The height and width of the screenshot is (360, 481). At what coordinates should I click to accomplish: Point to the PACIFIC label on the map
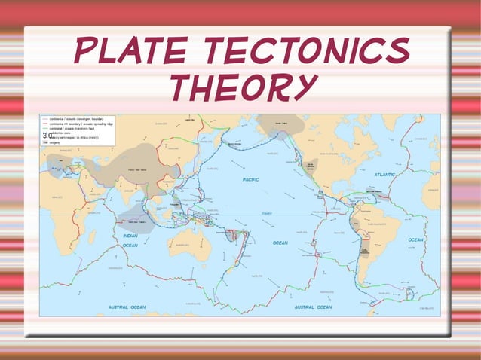(251, 179)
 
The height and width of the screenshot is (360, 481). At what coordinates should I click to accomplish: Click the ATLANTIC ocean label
(384, 174)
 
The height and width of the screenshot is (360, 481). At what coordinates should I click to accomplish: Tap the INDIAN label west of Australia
(130, 236)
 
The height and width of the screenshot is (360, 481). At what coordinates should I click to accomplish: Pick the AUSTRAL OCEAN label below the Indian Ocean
(127, 307)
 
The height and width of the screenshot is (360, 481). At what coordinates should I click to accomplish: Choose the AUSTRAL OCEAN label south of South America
(313, 307)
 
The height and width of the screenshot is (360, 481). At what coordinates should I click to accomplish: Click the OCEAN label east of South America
(415, 239)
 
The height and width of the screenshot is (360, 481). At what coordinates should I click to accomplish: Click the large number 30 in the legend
(47, 136)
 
